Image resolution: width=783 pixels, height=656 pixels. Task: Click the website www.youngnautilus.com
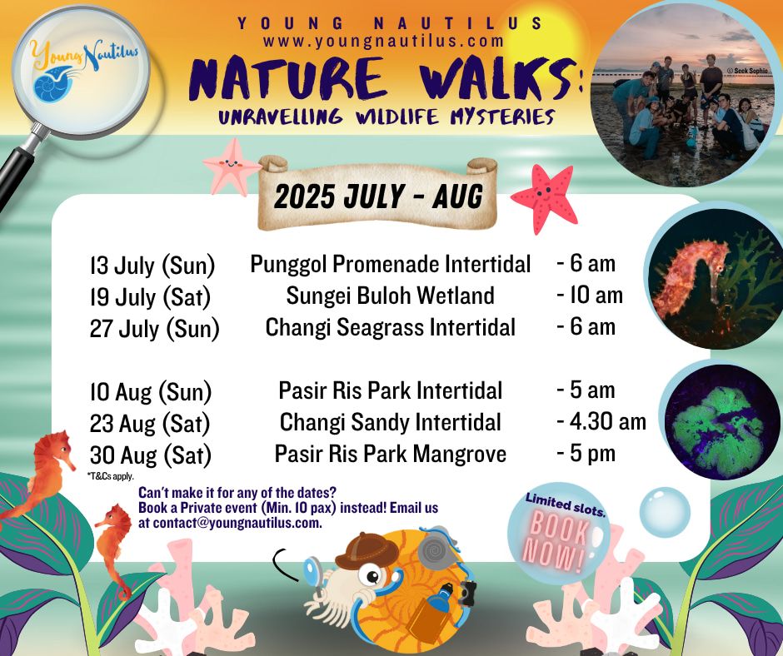pyautogui.click(x=383, y=41)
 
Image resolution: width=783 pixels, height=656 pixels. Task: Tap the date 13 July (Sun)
pyautogui.click(x=152, y=265)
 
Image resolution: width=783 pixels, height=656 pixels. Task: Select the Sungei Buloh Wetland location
pyautogui.click(x=390, y=295)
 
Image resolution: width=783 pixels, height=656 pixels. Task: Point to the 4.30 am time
pyautogui.click(x=601, y=421)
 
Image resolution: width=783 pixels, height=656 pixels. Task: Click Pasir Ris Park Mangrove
pyautogui.click(x=391, y=454)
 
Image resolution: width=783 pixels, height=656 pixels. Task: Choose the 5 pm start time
pyautogui.click(x=586, y=454)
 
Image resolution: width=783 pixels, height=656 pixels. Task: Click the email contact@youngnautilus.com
pyautogui.click(x=237, y=523)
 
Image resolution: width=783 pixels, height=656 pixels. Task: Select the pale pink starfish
pyautogui.click(x=232, y=166)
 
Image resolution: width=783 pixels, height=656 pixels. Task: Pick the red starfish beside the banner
pyautogui.click(x=545, y=198)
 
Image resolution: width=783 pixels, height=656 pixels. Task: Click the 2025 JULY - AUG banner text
pyautogui.click(x=378, y=196)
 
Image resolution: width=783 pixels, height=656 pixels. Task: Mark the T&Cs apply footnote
pyautogui.click(x=110, y=476)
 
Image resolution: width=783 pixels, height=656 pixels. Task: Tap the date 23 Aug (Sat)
pyautogui.click(x=150, y=424)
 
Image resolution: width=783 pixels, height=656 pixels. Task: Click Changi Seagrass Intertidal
pyautogui.click(x=390, y=327)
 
